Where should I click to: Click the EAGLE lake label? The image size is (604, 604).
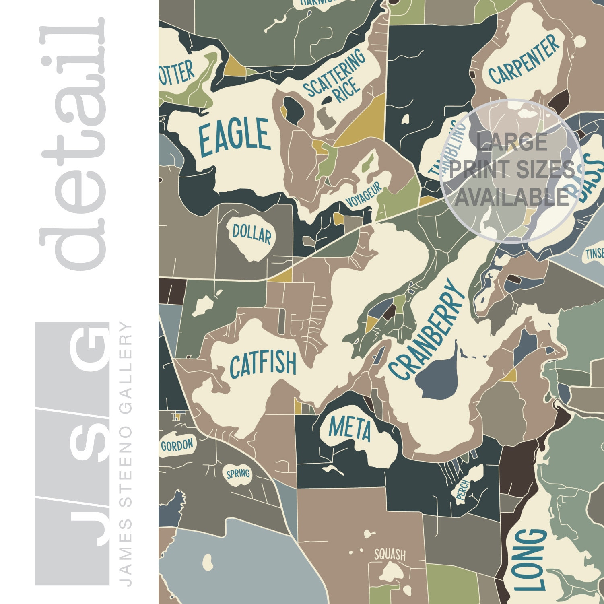tap(235, 137)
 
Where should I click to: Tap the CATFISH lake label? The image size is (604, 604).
tap(263, 364)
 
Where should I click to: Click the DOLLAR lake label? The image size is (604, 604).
tap(252, 233)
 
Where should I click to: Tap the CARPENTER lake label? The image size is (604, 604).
tap(524, 60)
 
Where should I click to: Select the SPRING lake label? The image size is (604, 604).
tap(238, 474)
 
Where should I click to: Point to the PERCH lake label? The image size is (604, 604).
tap(463, 490)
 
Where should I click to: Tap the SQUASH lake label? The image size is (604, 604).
tap(390, 555)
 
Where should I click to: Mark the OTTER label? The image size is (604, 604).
tap(176, 74)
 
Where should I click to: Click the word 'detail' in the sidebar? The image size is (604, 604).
tap(72, 145)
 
